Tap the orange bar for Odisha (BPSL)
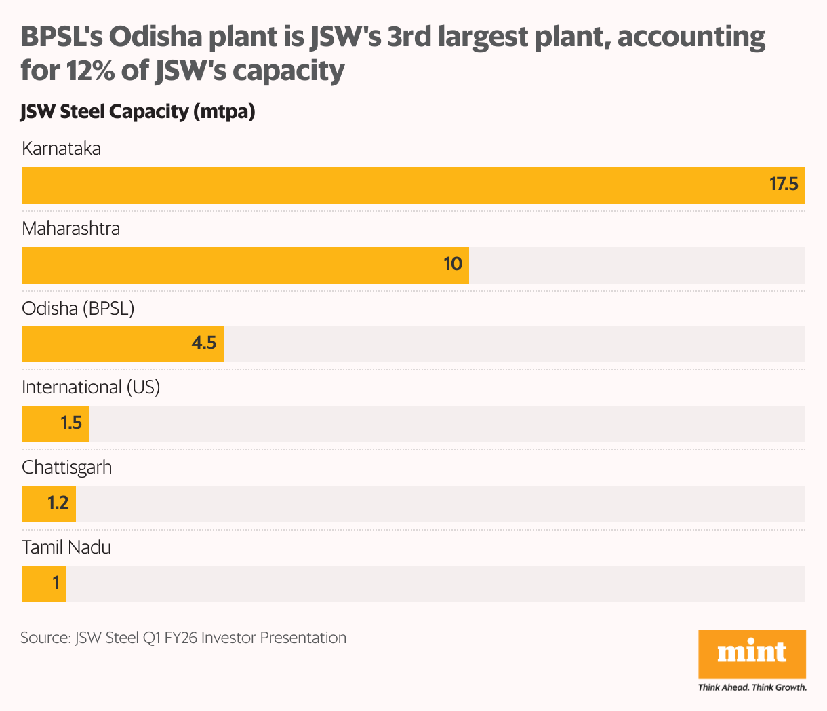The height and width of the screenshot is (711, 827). click(123, 344)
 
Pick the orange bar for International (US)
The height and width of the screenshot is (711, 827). click(56, 424)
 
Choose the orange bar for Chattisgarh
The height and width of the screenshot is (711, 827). click(49, 504)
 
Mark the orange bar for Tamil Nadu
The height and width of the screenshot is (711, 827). click(44, 584)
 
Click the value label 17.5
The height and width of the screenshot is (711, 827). click(784, 185)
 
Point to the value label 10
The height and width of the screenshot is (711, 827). click(453, 264)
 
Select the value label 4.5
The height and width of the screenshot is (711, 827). click(203, 343)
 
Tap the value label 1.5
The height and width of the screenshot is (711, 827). click(71, 423)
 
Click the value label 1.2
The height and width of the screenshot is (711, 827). click(58, 503)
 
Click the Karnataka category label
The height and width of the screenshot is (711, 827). click(61, 149)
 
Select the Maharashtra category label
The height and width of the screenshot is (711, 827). click(70, 229)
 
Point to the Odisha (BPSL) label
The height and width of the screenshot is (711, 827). click(78, 309)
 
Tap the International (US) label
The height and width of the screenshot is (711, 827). click(91, 387)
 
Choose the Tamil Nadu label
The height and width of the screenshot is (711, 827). click(66, 547)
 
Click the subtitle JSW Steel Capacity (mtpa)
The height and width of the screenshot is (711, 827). click(138, 112)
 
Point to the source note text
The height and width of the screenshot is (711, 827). click(183, 638)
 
